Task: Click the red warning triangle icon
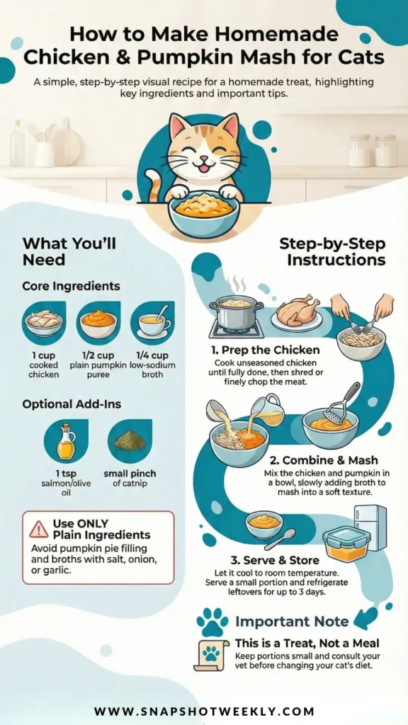point(38,529)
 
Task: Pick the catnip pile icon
point(130,440)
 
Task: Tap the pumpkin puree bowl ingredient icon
point(98,323)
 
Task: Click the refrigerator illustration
point(370,527)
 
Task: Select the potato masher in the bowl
point(341,403)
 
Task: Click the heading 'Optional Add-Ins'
point(72,404)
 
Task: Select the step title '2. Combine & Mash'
point(330,460)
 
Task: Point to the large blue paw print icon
point(212,622)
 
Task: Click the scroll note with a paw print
point(211,655)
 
